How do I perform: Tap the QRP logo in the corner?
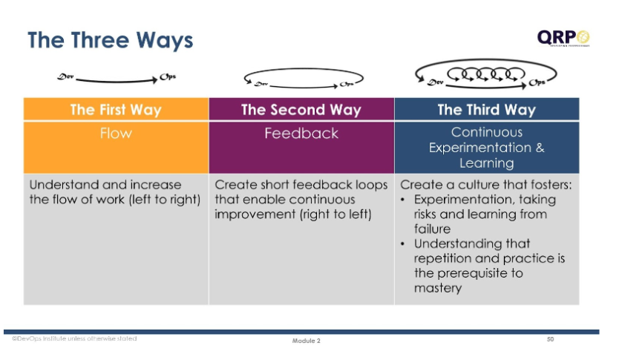563,37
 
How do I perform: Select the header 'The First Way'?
116,110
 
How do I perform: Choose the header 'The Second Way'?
301,110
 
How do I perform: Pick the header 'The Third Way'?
486,110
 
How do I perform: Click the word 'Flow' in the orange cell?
116,134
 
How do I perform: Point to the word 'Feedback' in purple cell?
301,134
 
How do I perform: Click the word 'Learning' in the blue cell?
486,163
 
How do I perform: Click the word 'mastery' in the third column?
438,288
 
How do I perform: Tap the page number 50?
550,339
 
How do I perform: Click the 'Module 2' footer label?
306,341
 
